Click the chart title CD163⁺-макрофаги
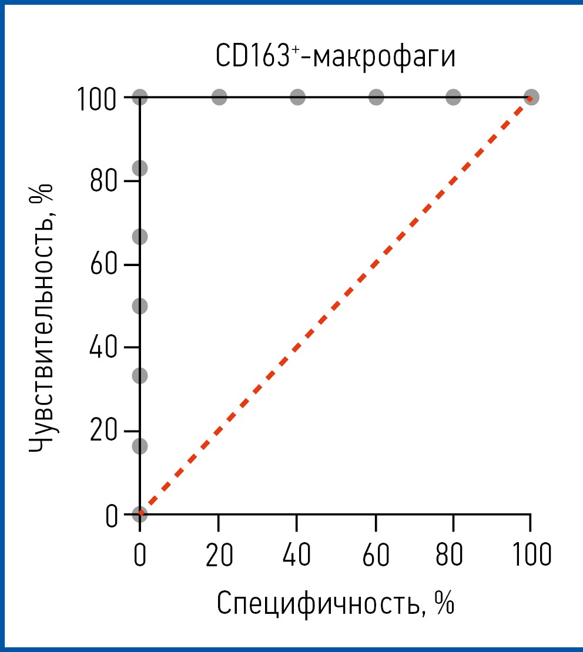click(x=336, y=56)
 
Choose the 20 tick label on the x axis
click(x=219, y=555)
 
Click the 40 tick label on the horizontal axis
click(x=297, y=555)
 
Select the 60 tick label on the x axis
click(x=375, y=555)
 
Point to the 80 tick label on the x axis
click(x=453, y=555)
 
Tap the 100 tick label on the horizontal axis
click(x=530, y=555)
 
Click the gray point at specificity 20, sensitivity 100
click(x=219, y=97)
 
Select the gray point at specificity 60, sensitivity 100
click(x=376, y=97)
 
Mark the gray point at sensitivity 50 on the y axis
click(x=140, y=306)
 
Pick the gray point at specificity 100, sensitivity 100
click(x=531, y=97)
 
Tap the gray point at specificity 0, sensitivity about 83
click(x=140, y=169)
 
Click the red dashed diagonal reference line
click(x=335, y=305)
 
